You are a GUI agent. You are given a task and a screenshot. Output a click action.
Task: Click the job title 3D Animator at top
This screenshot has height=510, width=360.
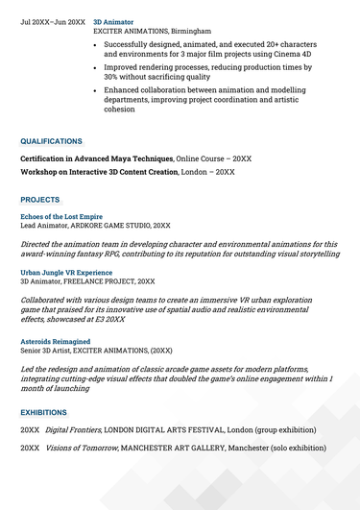click(113, 20)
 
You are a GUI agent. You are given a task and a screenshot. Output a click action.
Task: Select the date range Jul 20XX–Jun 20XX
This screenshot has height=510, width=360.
click(53, 20)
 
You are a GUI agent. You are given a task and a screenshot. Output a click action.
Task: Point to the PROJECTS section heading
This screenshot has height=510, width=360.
click(39, 200)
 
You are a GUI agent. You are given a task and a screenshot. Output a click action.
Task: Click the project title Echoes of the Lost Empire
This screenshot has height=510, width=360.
click(62, 215)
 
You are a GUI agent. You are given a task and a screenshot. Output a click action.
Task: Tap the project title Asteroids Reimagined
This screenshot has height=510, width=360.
click(56, 341)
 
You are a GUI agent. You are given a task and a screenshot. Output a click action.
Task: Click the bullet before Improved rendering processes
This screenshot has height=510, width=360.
click(94, 68)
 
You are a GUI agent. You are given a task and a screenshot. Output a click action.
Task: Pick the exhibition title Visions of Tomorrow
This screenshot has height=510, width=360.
click(81, 448)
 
